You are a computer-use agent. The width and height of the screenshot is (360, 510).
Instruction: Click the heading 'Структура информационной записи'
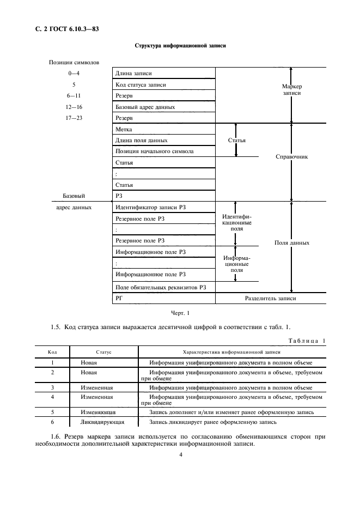point(180,46)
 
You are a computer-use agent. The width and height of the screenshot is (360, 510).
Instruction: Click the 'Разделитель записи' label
point(271,299)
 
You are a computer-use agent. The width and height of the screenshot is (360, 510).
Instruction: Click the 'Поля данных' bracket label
point(292,242)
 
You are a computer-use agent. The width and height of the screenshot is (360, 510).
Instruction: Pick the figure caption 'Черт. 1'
point(180,313)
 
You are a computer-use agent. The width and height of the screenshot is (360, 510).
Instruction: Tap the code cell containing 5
point(52,412)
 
